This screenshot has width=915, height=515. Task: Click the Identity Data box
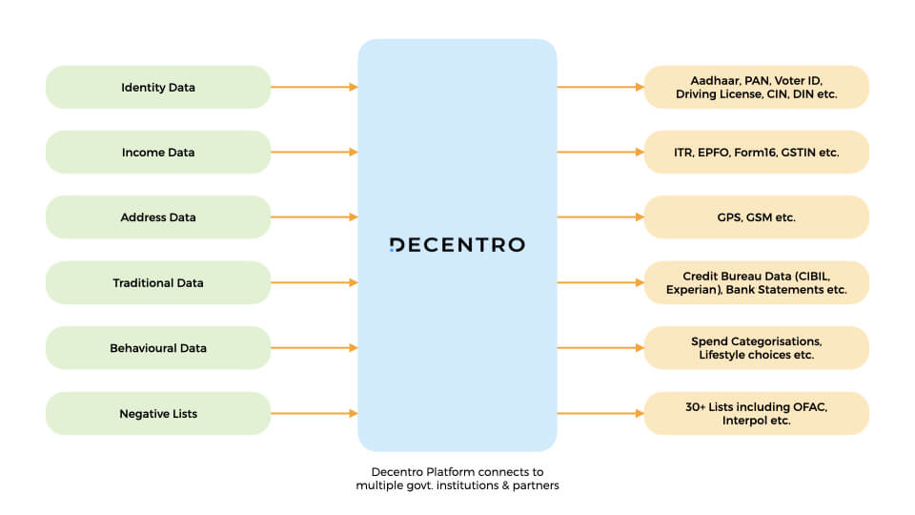pos(158,87)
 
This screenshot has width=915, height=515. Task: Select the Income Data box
pos(158,152)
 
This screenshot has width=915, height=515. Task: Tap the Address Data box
pos(158,217)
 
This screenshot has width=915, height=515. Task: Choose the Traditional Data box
pos(158,282)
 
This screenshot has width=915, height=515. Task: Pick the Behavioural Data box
pos(158,348)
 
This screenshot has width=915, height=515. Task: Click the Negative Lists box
pos(158,413)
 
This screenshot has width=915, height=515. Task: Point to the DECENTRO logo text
pos(457,245)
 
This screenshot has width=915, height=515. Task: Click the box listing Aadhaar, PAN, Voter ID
pos(756,87)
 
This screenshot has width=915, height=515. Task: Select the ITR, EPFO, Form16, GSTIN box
pos(756,152)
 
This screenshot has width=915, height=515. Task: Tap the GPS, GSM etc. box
pos(756,217)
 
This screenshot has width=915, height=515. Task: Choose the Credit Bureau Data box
pos(756,282)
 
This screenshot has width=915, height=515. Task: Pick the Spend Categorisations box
pos(756,348)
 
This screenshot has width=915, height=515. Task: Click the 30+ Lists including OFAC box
pos(756,413)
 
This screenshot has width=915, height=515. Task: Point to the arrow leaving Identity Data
pos(315,87)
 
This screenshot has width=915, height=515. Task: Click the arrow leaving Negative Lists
pos(315,413)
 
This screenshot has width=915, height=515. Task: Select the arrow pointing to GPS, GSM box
pos(600,217)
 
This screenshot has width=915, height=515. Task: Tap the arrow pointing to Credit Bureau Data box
pos(600,282)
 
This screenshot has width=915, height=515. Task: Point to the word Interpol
pos(744,421)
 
